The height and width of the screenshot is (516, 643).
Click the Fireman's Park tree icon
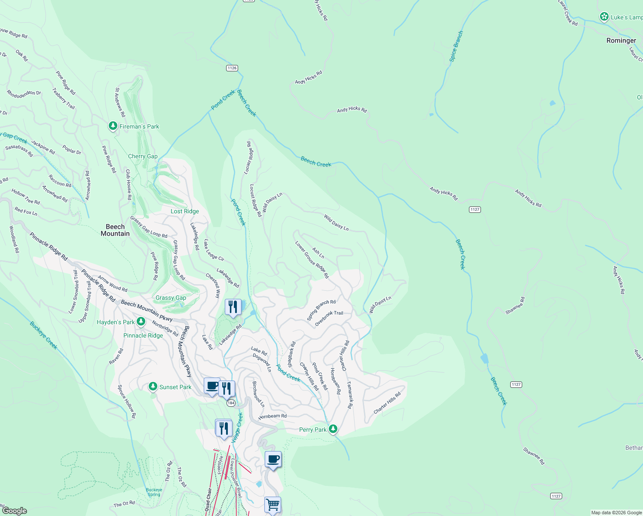point(113,126)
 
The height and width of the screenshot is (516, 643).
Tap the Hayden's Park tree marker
point(141,322)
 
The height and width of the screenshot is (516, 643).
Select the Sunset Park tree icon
point(153,387)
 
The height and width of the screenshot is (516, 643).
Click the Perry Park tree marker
point(333,429)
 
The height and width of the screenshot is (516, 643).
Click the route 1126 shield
point(232,68)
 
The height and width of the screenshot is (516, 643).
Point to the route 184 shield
point(231,403)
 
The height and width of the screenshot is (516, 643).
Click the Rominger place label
point(621,40)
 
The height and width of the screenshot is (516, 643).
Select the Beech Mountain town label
point(115,230)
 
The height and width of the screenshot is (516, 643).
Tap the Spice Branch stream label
point(456,46)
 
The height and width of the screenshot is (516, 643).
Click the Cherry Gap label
point(143,156)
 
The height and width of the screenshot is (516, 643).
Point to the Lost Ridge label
point(185,211)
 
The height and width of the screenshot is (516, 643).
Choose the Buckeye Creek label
point(43,335)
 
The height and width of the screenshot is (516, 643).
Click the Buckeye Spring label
point(154,492)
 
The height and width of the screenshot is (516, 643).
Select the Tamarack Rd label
point(350,395)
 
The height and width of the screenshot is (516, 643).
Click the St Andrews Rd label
point(120,102)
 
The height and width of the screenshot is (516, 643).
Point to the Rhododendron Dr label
point(24,93)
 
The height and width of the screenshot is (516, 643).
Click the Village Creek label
point(237,427)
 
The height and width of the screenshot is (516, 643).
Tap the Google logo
point(14,510)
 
